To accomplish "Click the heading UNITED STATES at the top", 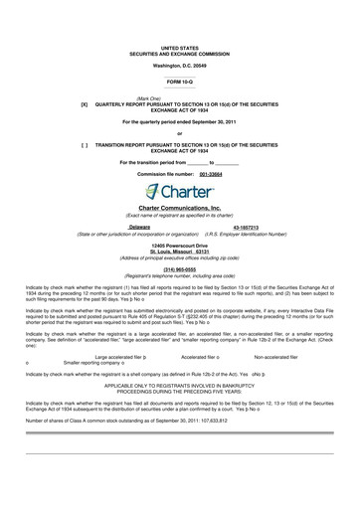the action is coord(179,47).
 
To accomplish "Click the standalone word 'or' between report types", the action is coord(179,132).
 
